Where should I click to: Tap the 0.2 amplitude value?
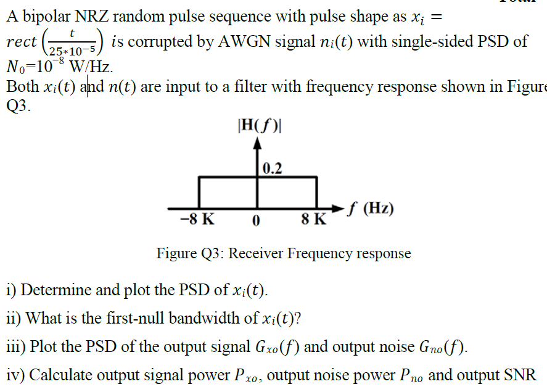(x=272, y=168)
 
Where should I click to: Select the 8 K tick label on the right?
(x=314, y=220)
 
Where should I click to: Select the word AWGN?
(x=235, y=42)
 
